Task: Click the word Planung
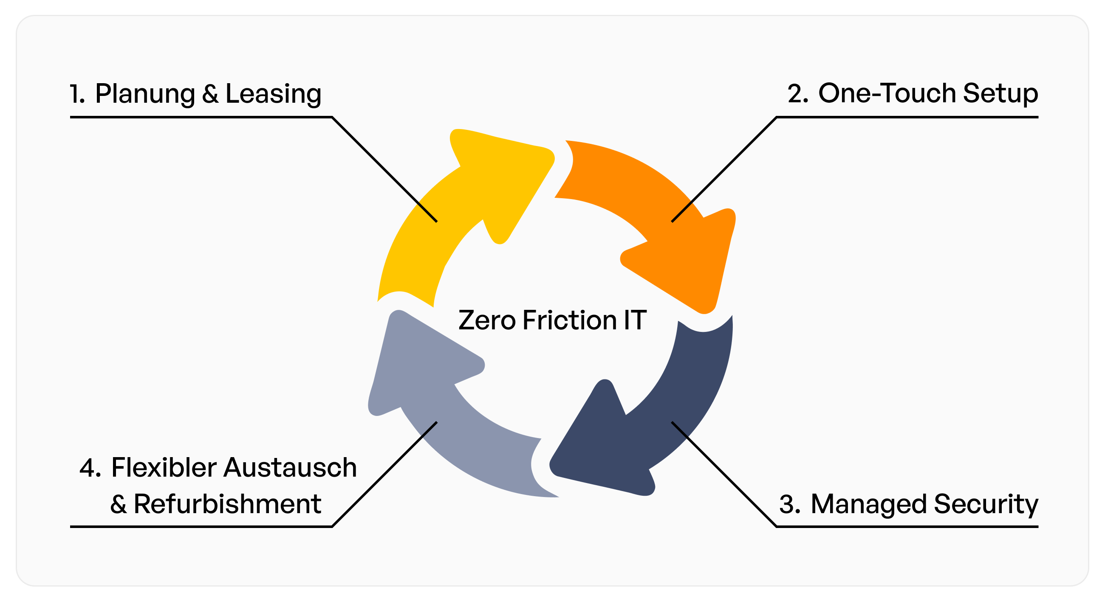(x=145, y=94)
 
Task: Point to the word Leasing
(x=273, y=94)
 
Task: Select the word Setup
(x=1000, y=94)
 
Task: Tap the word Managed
(x=869, y=505)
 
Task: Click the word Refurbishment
(x=227, y=504)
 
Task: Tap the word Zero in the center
(x=486, y=320)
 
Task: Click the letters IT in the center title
(x=635, y=320)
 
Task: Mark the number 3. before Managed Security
(x=790, y=505)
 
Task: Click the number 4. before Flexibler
(x=90, y=468)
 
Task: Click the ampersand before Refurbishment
(x=119, y=505)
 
